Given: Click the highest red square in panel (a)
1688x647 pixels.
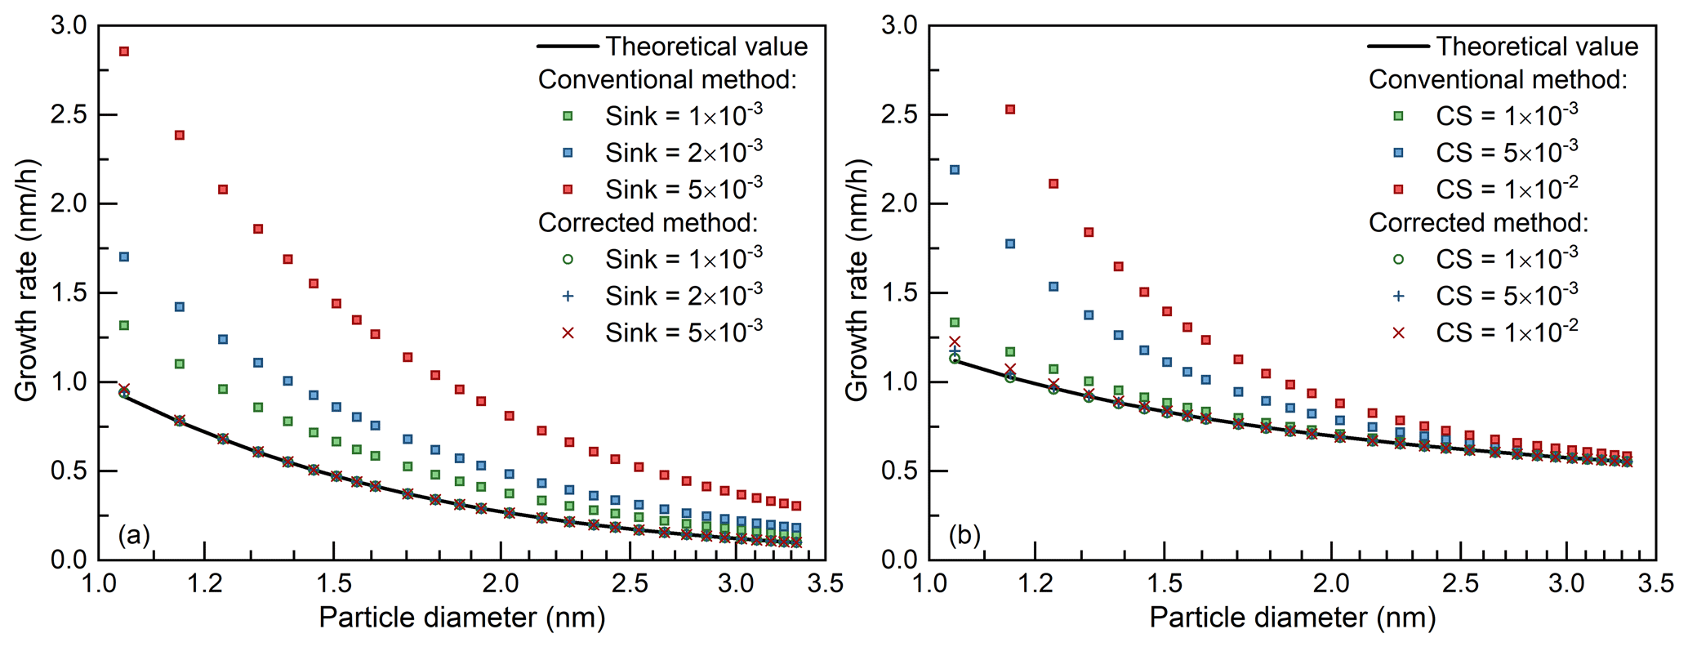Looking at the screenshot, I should [124, 51].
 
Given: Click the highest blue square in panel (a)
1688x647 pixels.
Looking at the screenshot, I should [124, 257].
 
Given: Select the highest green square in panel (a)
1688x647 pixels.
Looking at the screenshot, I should [124, 325].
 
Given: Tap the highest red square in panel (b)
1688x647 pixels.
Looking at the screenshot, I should [1010, 109].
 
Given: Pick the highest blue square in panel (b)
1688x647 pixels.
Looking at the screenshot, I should [955, 170].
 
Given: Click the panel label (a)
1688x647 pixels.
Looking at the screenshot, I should [134, 536].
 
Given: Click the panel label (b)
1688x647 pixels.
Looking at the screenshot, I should [964, 536].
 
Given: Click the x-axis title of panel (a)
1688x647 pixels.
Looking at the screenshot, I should [461, 618].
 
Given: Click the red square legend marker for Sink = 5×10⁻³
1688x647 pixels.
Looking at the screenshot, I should [568, 190].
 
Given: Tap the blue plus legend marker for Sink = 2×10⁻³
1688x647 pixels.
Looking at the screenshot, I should [568, 296].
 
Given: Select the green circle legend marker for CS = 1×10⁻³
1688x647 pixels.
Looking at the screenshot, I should [1399, 259].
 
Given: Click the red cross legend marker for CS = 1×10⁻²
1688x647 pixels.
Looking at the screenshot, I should [1399, 332].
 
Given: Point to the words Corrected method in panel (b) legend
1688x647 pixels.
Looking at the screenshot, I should [1478, 223].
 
